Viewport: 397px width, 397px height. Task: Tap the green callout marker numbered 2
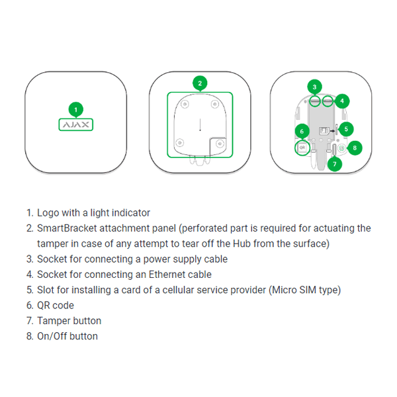click(x=199, y=83)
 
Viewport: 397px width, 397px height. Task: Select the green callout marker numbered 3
click(x=314, y=87)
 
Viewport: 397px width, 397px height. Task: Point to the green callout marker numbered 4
click(x=341, y=101)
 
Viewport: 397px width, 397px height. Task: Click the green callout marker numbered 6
click(x=301, y=131)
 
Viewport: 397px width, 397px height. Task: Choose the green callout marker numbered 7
click(x=335, y=163)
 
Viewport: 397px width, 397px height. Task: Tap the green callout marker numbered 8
click(x=355, y=148)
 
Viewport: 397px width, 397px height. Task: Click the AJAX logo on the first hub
click(x=76, y=124)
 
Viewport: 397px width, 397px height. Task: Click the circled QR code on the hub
click(x=302, y=148)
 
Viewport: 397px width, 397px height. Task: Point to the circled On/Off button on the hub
click(x=341, y=148)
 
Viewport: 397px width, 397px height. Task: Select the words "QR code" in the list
click(x=56, y=305)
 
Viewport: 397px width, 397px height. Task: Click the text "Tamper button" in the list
click(x=69, y=320)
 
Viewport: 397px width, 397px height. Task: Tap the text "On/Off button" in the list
click(x=67, y=336)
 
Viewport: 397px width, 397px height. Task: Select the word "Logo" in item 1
click(x=48, y=213)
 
